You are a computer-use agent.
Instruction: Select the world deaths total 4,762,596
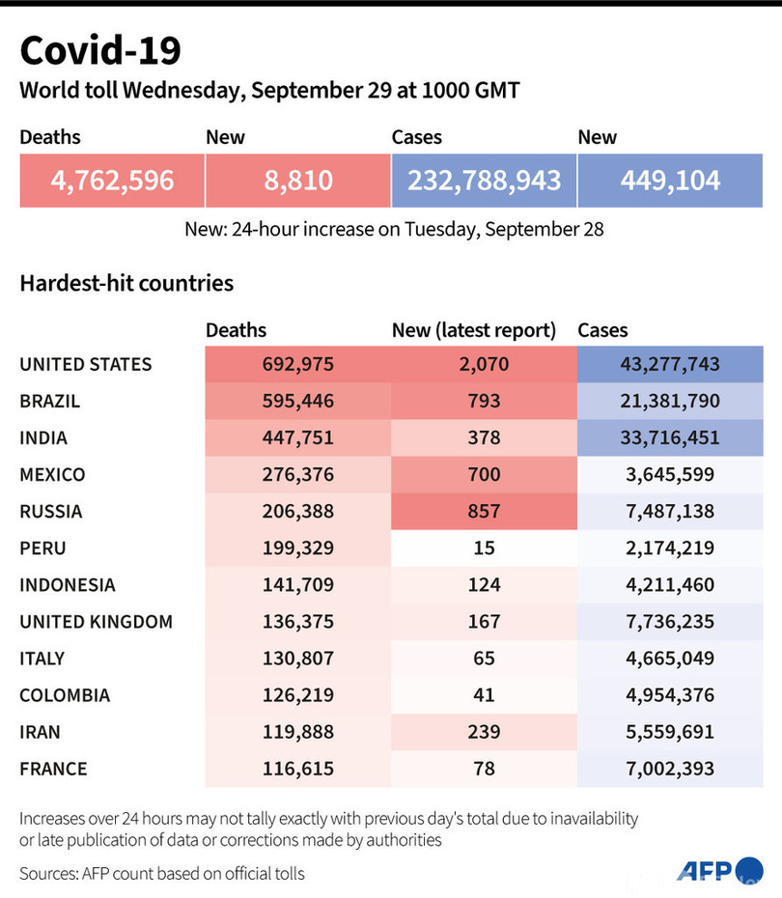point(112,180)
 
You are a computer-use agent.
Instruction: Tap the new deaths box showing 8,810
point(297,180)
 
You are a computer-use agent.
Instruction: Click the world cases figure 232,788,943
point(484,180)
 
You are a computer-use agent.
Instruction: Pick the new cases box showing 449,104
point(670,180)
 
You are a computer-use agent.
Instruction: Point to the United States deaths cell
point(297,365)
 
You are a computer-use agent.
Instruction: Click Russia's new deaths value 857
point(484,512)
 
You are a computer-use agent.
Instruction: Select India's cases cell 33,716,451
point(670,438)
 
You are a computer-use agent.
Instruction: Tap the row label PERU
point(43,548)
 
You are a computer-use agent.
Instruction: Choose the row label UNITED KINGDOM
point(96,622)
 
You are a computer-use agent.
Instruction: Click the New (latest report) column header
point(474,330)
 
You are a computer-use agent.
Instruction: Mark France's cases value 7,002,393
point(670,769)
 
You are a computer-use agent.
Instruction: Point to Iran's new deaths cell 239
point(484,732)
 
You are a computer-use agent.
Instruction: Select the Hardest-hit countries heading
point(126,284)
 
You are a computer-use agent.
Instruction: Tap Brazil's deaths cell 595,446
point(297,402)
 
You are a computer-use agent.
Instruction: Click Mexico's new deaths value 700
point(484,475)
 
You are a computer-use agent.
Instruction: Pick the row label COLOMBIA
point(65,695)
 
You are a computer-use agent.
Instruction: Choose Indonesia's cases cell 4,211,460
point(670,585)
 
